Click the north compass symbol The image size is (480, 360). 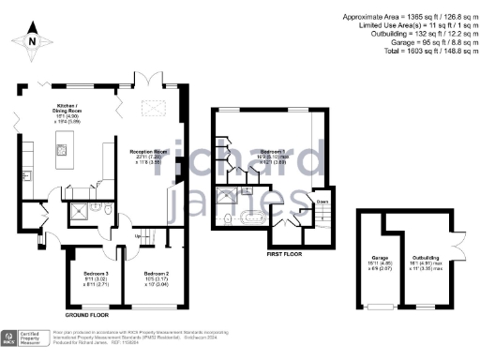pyautogui.click(x=31, y=42)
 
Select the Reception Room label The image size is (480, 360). pyautogui.click(x=147, y=153)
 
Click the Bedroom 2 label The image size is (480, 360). pyautogui.click(x=148, y=277)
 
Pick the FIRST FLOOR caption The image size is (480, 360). pyautogui.click(x=286, y=253)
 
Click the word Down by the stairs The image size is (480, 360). pyautogui.click(x=321, y=200)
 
